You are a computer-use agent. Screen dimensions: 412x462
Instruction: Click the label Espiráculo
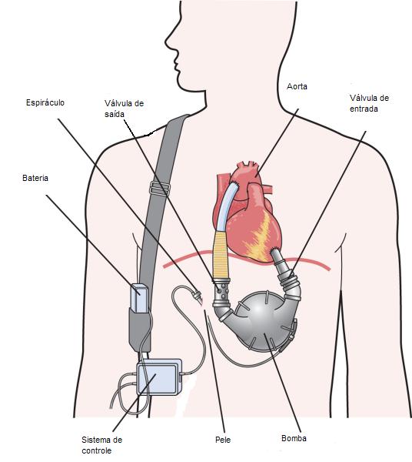point(45,103)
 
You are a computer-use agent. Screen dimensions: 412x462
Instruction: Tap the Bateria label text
point(35,179)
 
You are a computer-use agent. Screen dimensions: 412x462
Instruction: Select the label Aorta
point(297,86)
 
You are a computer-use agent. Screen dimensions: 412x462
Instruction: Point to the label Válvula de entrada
point(370,103)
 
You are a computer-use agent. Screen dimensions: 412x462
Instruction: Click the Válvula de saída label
point(124,109)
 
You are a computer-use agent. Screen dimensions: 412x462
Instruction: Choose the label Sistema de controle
point(101,445)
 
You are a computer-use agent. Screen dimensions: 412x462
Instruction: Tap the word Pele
point(223,440)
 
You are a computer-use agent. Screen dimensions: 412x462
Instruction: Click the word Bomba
point(294,438)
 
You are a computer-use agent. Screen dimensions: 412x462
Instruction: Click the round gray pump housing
point(261,321)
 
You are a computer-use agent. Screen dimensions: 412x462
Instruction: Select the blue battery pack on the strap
point(140,297)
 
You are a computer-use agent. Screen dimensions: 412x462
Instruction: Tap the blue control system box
point(159,377)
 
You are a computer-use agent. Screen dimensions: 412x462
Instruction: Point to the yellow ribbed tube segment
point(221,255)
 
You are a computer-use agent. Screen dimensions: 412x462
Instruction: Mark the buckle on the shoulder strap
point(160,188)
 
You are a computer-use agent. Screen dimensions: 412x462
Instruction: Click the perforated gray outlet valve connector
point(221,293)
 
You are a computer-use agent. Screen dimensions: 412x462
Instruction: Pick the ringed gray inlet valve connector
point(290,281)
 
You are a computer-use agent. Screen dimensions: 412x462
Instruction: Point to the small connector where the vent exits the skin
point(197,295)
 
